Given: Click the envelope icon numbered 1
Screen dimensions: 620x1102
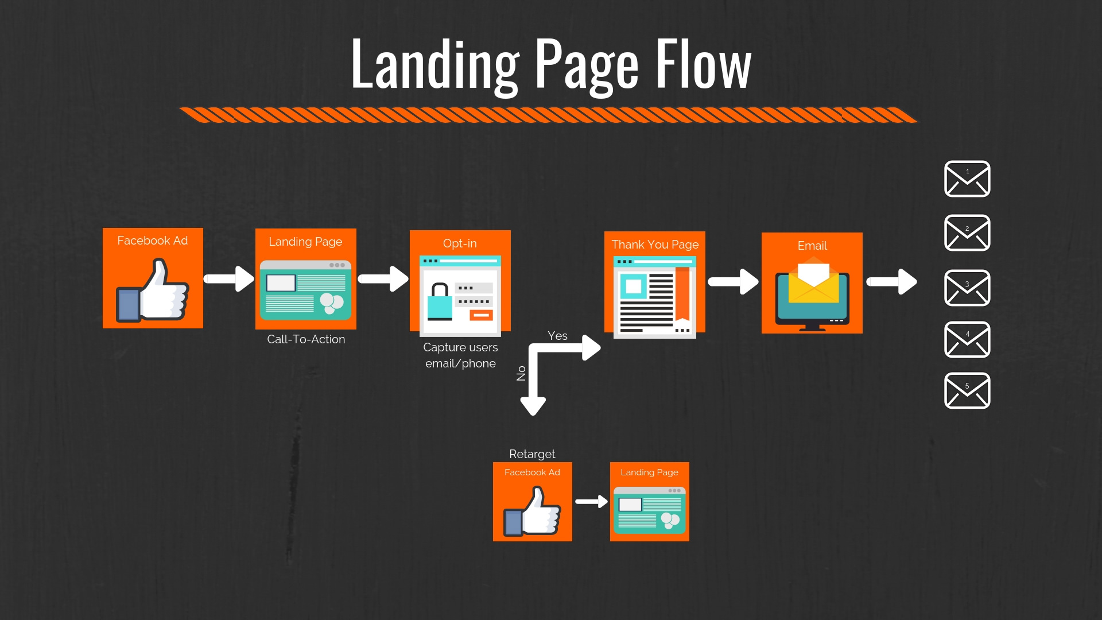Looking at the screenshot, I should (x=967, y=179).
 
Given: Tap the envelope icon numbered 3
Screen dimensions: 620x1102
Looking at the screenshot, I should (x=967, y=288).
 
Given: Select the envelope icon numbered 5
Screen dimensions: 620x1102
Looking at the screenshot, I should (x=967, y=390).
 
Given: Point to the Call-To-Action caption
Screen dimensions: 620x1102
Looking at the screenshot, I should (x=306, y=339).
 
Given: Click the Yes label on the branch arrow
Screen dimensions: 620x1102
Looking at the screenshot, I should (x=557, y=336).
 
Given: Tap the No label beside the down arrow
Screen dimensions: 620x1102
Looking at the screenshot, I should (x=521, y=373).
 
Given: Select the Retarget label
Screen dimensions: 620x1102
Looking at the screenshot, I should (x=532, y=454).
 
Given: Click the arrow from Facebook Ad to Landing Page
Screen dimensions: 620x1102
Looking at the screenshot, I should (x=229, y=279).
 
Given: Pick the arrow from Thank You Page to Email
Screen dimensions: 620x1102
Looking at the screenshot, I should (x=733, y=281).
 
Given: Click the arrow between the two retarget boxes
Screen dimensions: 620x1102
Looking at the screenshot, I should (x=591, y=502).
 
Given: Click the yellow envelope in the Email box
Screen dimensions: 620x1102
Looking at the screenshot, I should (x=813, y=282).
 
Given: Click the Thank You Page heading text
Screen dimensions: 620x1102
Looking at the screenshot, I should (x=655, y=245).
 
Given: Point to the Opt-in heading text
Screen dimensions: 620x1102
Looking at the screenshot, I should (x=460, y=243).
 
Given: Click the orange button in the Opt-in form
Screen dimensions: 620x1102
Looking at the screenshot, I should (x=481, y=315).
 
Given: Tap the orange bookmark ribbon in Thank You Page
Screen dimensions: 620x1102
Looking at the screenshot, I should (x=682, y=293).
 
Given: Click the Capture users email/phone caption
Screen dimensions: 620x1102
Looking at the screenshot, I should (x=460, y=355).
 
